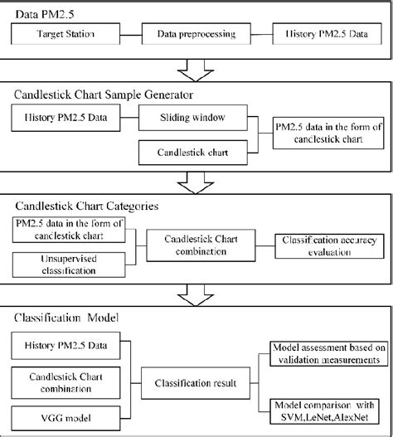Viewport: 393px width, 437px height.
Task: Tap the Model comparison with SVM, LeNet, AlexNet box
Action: point(325,408)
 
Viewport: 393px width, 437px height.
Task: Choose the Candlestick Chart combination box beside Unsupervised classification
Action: point(197,245)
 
